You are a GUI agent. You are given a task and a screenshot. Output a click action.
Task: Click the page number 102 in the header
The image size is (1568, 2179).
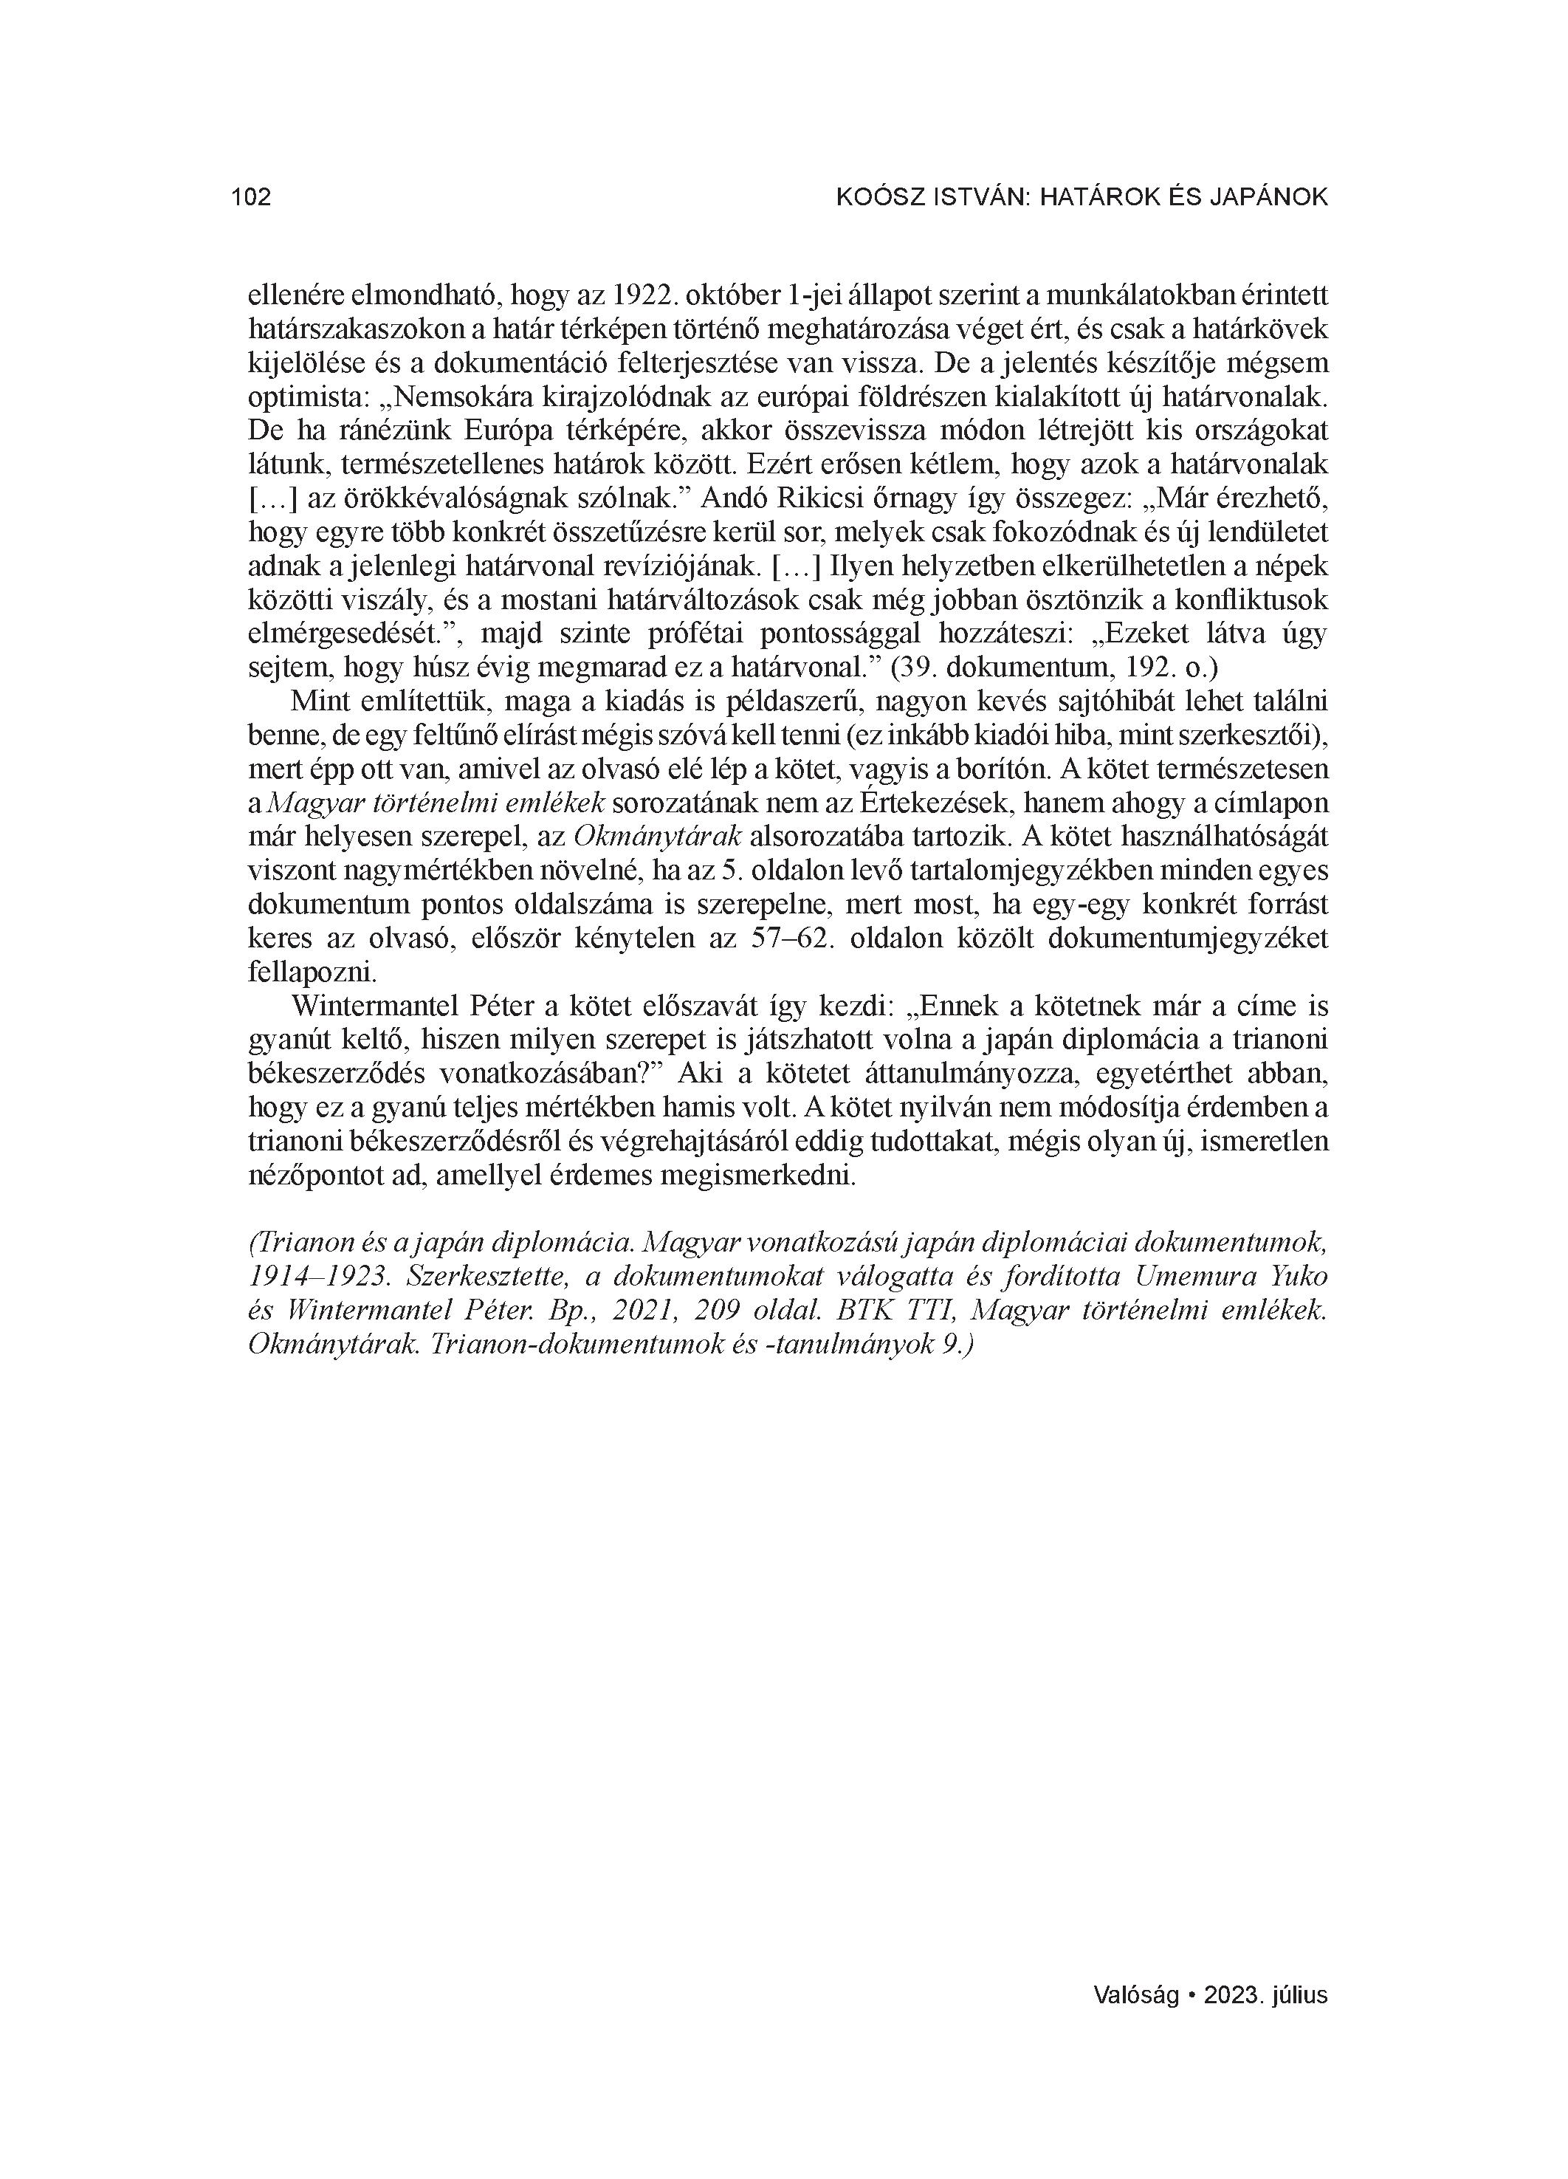pyautogui.click(x=251, y=198)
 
